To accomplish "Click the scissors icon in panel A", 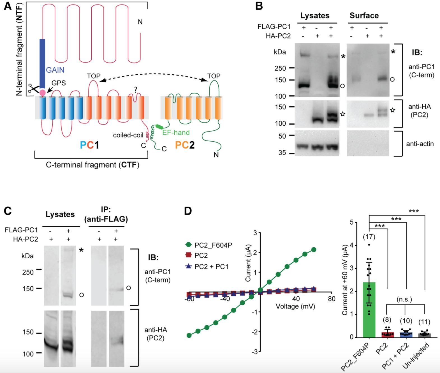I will coord(33,88).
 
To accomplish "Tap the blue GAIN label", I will coord(55,70).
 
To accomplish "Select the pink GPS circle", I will coord(42,92).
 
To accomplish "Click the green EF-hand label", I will coord(176,132).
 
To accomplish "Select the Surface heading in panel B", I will coord(364,16).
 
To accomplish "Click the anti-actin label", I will coord(420,144).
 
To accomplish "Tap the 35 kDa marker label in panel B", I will coord(282,153).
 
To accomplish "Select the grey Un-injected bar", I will coord(424,335).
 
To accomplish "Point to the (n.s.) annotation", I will coord(404,300).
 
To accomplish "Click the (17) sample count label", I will coord(369,237).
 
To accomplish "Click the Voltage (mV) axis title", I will coord(295,306).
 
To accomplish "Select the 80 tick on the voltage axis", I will coord(331,299).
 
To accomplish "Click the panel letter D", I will coord(187,211).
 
